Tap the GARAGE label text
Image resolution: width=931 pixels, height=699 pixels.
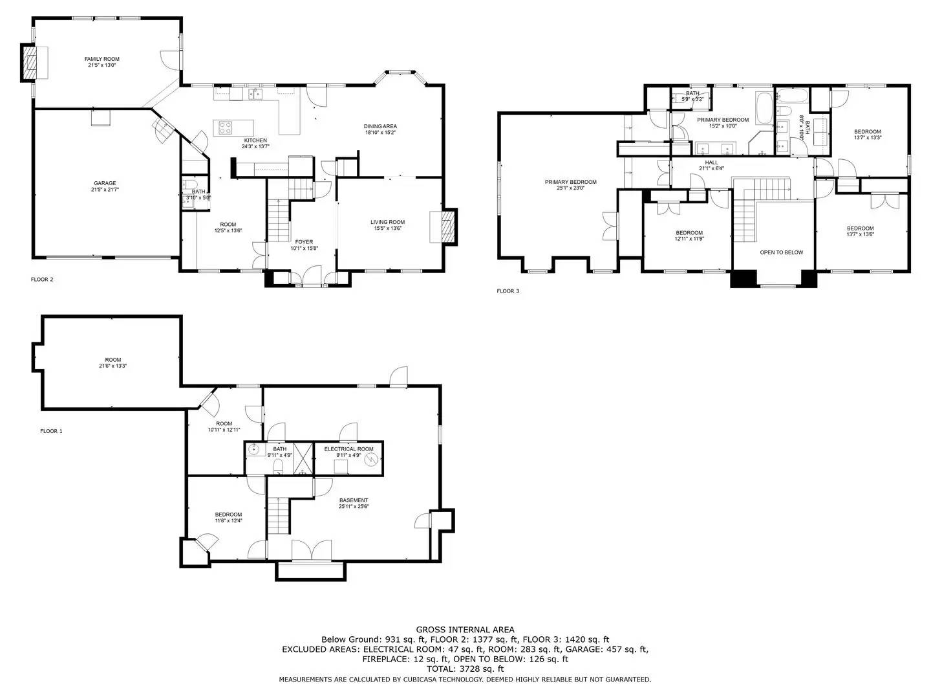click(x=104, y=183)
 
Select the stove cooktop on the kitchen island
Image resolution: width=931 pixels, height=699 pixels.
click(x=226, y=128)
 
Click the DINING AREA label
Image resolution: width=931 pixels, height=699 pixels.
click(x=380, y=126)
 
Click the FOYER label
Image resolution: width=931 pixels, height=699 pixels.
click(x=304, y=242)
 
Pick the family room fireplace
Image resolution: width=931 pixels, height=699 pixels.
click(x=31, y=63)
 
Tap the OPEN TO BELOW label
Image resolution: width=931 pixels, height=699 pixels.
click(x=781, y=252)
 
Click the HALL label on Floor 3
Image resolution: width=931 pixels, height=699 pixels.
click(x=711, y=162)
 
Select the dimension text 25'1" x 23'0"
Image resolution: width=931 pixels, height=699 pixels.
click(x=570, y=188)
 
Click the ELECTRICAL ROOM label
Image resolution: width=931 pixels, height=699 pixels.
click(x=348, y=449)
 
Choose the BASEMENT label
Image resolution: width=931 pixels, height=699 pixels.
click(x=354, y=500)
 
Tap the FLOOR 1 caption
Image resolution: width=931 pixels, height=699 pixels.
click(x=51, y=431)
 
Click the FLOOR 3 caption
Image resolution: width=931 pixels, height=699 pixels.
click(x=508, y=291)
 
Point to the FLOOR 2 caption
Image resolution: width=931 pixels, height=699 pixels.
click(x=42, y=280)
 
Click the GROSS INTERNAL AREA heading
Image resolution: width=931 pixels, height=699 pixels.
click(x=465, y=629)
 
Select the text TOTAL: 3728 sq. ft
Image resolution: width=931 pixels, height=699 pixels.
click(x=465, y=669)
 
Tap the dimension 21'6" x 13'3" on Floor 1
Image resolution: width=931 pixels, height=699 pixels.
click(x=113, y=366)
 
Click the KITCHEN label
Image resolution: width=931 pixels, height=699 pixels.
click(x=255, y=140)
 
